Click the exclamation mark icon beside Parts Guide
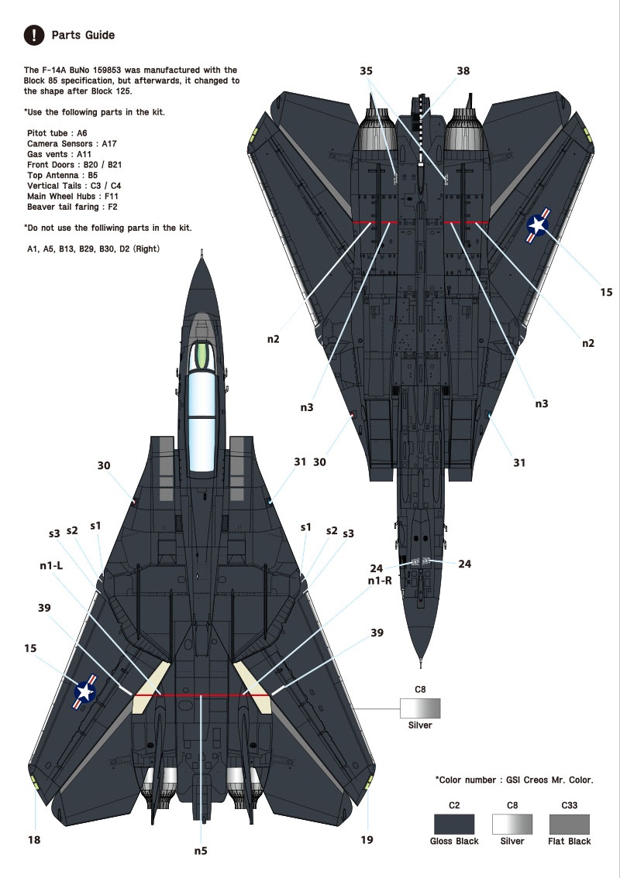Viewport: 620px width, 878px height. click(x=34, y=35)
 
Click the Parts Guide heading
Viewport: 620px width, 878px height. click(x=83, y=35)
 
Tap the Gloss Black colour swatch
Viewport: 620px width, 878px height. click(x=454, y=825)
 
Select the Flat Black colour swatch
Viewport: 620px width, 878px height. click(x=570, y=825)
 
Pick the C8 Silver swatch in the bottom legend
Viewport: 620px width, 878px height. click(x=512, y=825)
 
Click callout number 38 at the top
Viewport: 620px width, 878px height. click(x=463, y=70)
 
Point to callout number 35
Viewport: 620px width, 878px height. click(x=366, y=70)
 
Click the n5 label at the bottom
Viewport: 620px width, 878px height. click(x=201, y=851)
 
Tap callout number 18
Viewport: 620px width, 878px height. click(x=34, y=839)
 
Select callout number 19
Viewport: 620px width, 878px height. click(x=367, y=839)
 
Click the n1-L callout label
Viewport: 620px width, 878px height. click(x=51, y=565)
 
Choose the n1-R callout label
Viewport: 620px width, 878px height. click(x=380, y=581)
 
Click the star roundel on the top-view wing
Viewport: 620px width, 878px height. click(x=85, y=692)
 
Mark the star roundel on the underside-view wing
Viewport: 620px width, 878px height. click(x=538, y=225)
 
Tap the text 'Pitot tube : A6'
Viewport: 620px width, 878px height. click(x=57, y=133)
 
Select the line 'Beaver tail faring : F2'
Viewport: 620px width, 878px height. click(x=72, y=207)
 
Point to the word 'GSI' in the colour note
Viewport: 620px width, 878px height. click(x=515, y=780)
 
